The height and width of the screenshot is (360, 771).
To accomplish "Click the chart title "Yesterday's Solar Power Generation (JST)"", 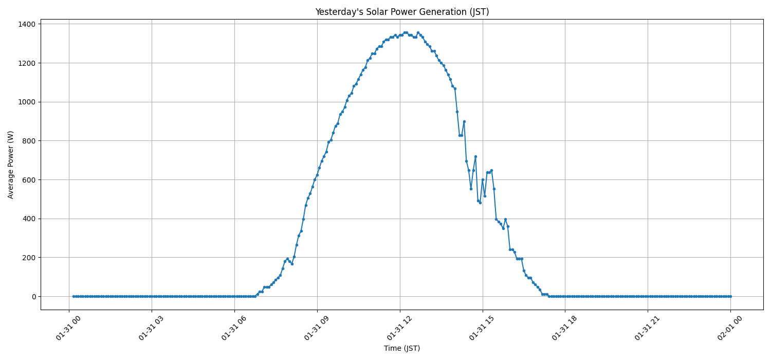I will pyautogui.click(x=402, y=12).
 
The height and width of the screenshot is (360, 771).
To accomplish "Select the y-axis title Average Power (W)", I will pyautogui.click(x=11, y=165).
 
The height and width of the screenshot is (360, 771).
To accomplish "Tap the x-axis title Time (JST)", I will pyautogui.click(x=402, y=348).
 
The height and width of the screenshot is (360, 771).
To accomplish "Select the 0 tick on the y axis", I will pyautogui.click(x=32, y=296).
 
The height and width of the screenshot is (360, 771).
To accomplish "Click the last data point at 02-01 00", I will pyautogui.click(x=730, y=296).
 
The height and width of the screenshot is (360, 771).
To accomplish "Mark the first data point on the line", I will pyautogui.click(x=74, y=296).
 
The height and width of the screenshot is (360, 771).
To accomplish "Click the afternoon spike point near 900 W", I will pyautogui.click(x=464, y=121).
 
